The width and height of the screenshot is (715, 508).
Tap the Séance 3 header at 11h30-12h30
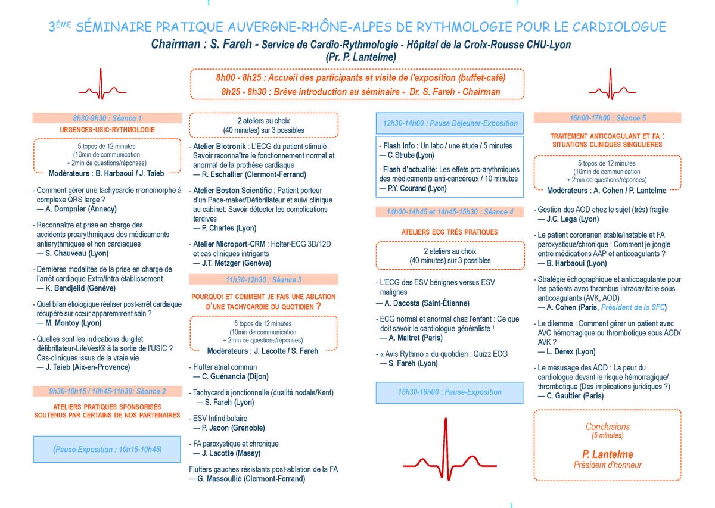coord(263,279)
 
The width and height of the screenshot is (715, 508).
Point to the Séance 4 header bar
coord(450,211)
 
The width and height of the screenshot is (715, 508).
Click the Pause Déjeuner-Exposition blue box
coord(450,124)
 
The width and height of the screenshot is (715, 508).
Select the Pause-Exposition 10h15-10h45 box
coord(107,448)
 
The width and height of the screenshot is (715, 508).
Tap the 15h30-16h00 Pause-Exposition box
coord(450,392)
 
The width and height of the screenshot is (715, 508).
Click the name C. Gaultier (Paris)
coord(574,395)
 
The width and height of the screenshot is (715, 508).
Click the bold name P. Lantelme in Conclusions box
coord(607,454)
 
